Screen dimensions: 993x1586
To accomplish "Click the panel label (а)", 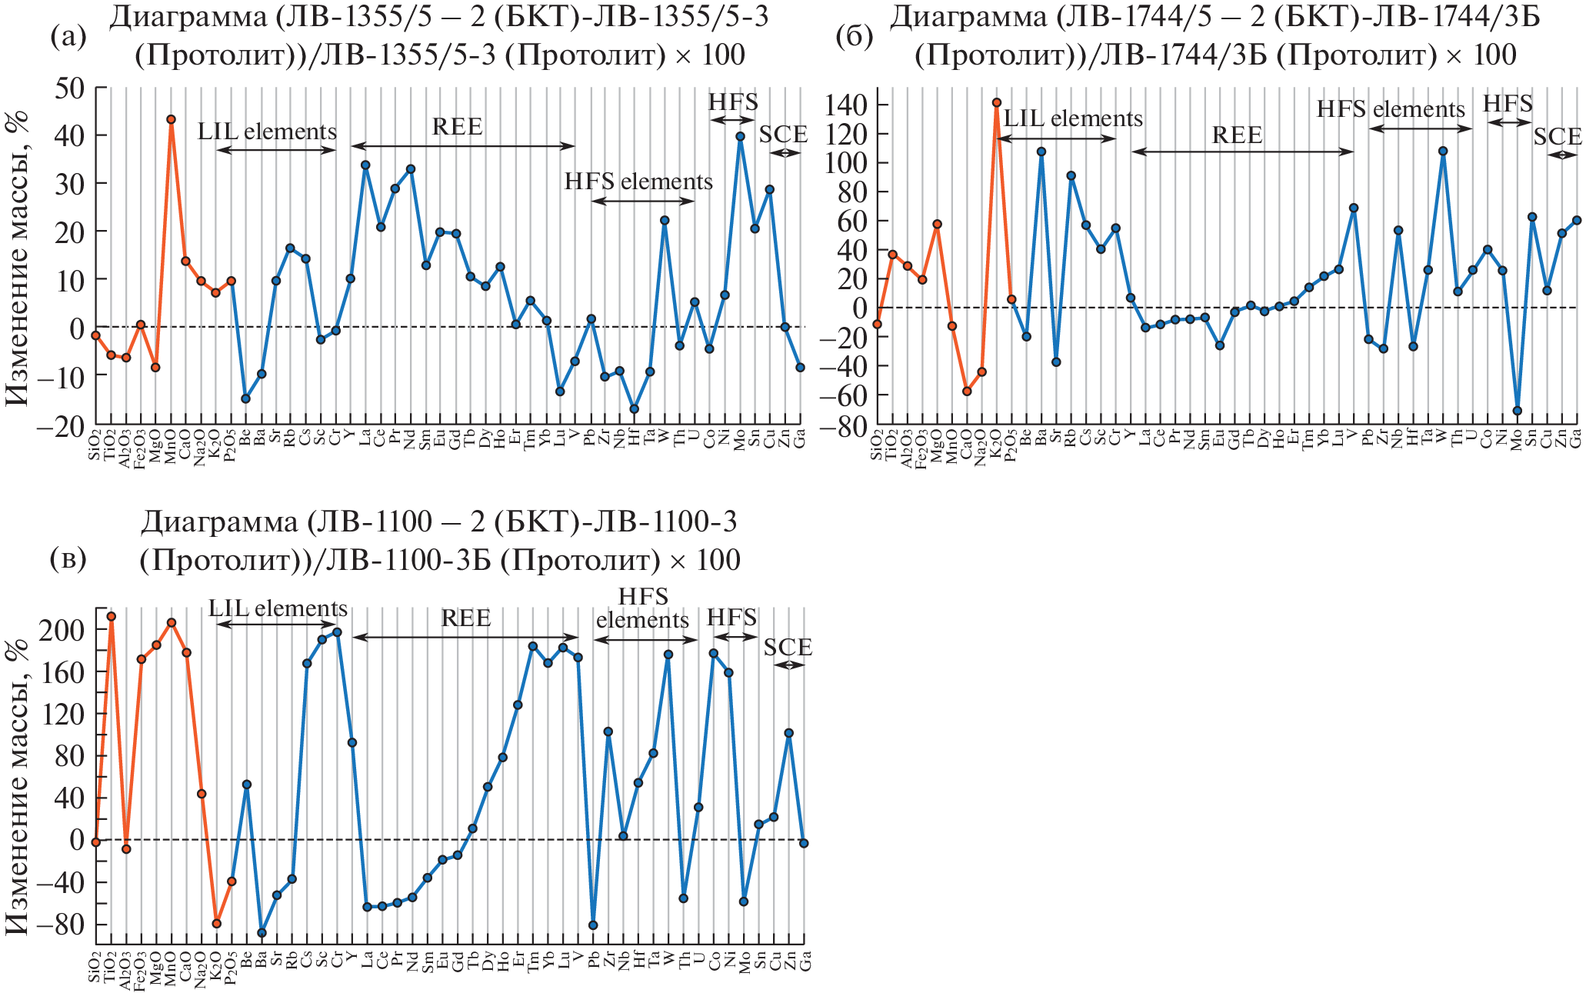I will (x=68, y=37).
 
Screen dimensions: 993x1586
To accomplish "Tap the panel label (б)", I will (x=854, y=37).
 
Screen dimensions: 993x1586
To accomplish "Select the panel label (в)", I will (x=68, y=558).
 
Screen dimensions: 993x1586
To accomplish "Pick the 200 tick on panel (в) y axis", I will (x=62, y=630).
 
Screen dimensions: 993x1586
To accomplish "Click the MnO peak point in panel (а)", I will (x=171, y=119).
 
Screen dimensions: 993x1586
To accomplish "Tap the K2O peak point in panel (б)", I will (x=996, y=102).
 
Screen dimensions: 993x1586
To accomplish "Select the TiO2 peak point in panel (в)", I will (x=111, y=616).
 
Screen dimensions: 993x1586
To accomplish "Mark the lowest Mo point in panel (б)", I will (x=1517, y=411).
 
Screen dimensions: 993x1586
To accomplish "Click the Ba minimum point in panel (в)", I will (x=262, y=932).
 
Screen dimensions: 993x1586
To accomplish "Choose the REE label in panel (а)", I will (x=458, y=126).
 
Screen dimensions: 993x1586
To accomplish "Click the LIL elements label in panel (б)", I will (x=1073, y=118).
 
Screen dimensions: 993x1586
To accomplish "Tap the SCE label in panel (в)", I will (x=788, y=647).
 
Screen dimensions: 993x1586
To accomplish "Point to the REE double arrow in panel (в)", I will (x=465, y=637).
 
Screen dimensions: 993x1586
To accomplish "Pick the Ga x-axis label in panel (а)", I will (x=801, y=439).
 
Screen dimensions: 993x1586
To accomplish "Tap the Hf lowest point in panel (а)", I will (x=634, y=409).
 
